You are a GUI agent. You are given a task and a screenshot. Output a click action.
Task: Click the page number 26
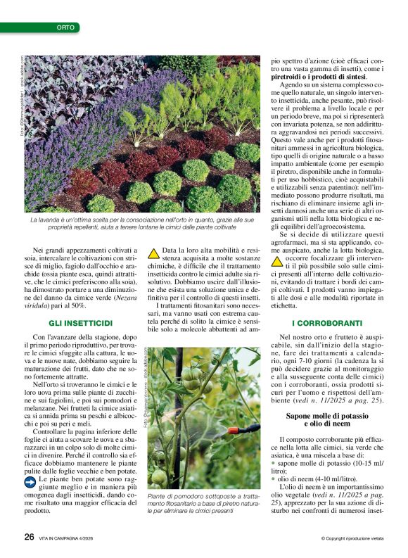[x=29, y=535]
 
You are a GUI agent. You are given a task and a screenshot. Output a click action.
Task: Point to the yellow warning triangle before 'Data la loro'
[x=153, y=251]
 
